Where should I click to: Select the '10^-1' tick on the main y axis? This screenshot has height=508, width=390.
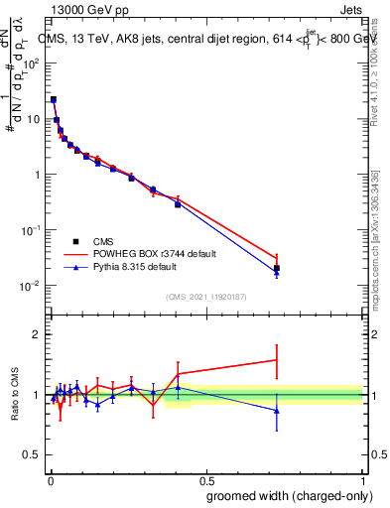point(32,230)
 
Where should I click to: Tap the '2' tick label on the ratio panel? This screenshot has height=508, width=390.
point(36,335)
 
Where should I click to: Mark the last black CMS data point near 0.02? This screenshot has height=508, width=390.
point(277,268)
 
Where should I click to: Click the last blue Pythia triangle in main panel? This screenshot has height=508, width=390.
point(277,273)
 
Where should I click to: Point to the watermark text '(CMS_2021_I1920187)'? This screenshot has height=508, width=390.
point(206,296)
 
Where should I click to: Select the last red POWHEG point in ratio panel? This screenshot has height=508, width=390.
point(277,360)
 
